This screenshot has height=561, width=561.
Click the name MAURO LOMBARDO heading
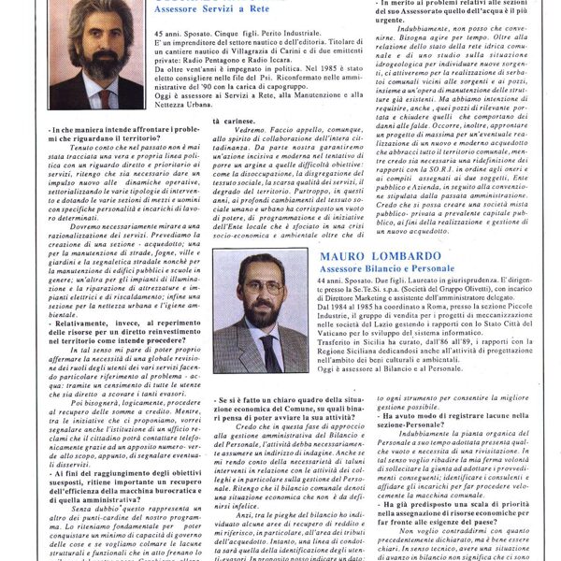coord(385,254)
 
